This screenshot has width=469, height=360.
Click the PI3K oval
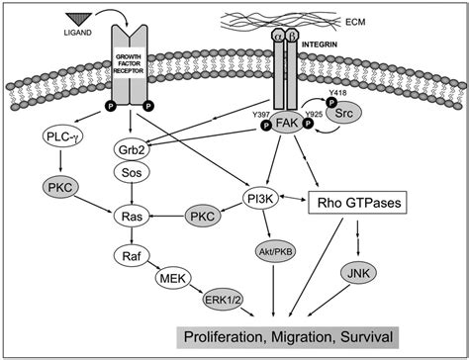click(264, 203)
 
